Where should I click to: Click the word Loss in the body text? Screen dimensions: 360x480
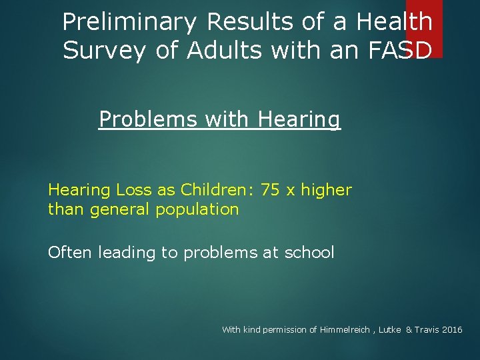coord(134,190)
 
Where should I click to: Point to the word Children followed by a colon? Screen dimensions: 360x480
coord(217,190)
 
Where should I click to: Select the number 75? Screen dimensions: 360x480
coord(270,190)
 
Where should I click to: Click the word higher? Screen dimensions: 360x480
coord(326,190)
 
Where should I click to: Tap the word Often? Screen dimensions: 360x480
coord(70,253)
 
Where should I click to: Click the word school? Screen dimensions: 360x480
coord(309,253)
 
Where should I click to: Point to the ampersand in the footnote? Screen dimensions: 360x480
coord(409,330)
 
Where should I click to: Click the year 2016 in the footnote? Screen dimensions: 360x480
coord(451,330)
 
